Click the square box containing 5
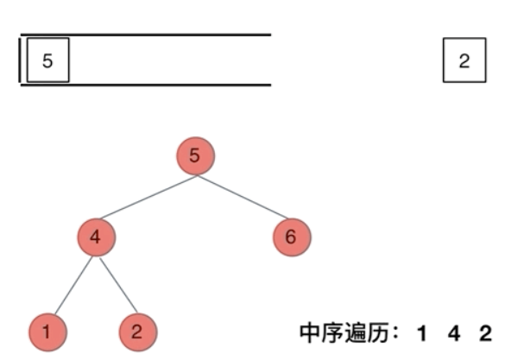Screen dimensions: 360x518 pyautogui.click(x=47, y=60)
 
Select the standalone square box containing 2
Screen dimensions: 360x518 pyautogui.click(x=464, y=60)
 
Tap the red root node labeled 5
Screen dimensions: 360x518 pyautogui.click(x=194, y=156)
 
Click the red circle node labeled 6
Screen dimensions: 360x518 pyautogui.click(x=291, y=237)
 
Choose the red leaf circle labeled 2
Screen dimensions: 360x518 pyautogui.click(x=138, y=332)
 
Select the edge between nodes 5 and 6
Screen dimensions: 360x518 pyautogui.click(x=243, y=197)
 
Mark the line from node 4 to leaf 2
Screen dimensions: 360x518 pyautogui.click(x=117, y=283)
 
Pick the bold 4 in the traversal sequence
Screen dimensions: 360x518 pyautogui.click(x=454, y=332)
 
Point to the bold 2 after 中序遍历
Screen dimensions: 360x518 pyautogui.click(x=486, y=332)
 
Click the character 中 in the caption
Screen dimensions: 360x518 pyautogui.click(x=310, y=332)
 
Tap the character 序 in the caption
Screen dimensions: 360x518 pyautogui.click(x=331, y=332)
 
